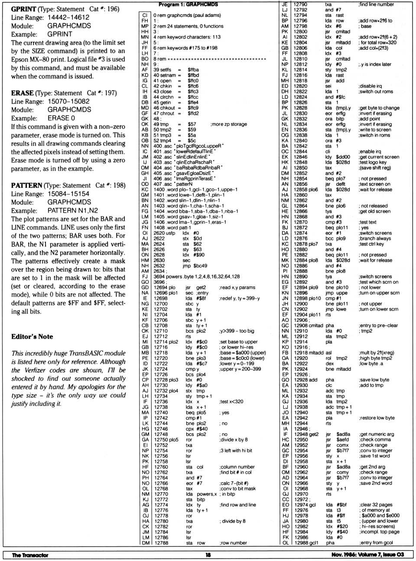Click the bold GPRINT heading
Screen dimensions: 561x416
pyautogui.click(x=23, y=9)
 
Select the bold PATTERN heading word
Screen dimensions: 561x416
pyautogui.click(x=27, y=185)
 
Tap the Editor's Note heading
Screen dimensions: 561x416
pyautogui.click(x=32, y=337)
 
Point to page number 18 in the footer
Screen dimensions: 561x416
pyautogui.click(x=208, y=555)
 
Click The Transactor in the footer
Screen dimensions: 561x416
pyautogui.click(x=30, y=555)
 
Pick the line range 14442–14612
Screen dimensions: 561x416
pyautogui.click(x=68, y=17)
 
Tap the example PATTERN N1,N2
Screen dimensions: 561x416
pyautogui.click(x=73, y=211)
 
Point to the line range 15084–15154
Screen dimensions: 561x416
pyautogui.click(x=68, y=194)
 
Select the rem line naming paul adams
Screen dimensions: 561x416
pyautogui.click(x=187, y=15)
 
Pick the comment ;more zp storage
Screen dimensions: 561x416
pyautogui.click(x=228, y=124)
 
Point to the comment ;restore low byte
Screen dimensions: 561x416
pyautogui.click(x=377, y=418)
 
